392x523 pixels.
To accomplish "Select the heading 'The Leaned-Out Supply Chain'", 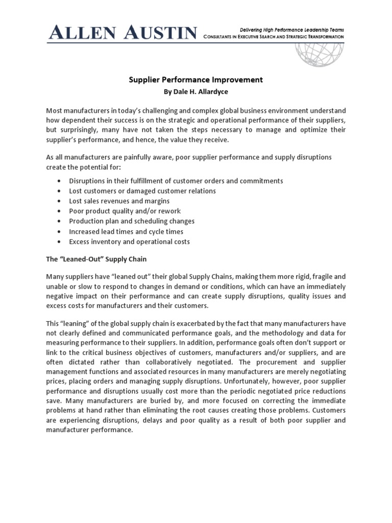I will (96, 259).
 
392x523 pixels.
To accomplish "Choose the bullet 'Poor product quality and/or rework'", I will (125, 211).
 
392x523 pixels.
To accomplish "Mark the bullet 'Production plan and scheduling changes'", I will (132, 221).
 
